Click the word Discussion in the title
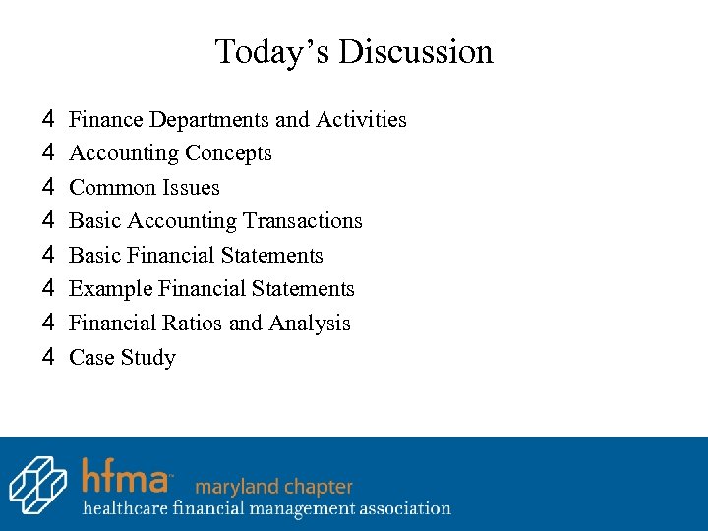[417, 51]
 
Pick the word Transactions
[302, 221]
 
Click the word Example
[111, 289]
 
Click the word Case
[91, 358]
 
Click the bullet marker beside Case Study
[47, 357]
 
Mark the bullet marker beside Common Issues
[47, 187]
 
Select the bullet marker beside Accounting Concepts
[47, 152]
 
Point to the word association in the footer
[399, 509]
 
